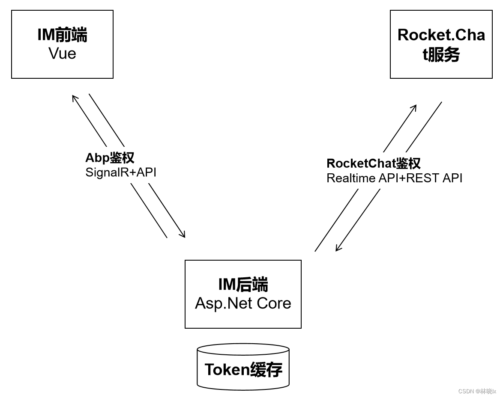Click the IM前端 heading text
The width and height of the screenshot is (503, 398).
tap(62, 35)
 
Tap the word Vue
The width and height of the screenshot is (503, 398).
tap(62, 53)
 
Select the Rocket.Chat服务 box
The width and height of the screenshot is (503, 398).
tap(441, 45)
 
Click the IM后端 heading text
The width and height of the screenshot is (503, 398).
tap(243, 285)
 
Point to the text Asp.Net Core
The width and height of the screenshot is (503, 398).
tap(243, 303)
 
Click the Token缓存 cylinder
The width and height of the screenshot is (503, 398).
tap(243, 367)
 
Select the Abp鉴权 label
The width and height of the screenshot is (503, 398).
tap(110, 157)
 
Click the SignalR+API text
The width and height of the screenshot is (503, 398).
tap(121, 172)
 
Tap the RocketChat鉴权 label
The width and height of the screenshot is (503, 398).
tap(373, 163)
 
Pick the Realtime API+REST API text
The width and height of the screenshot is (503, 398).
tap(394, 178)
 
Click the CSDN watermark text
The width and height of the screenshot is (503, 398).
tap(477, 391)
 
